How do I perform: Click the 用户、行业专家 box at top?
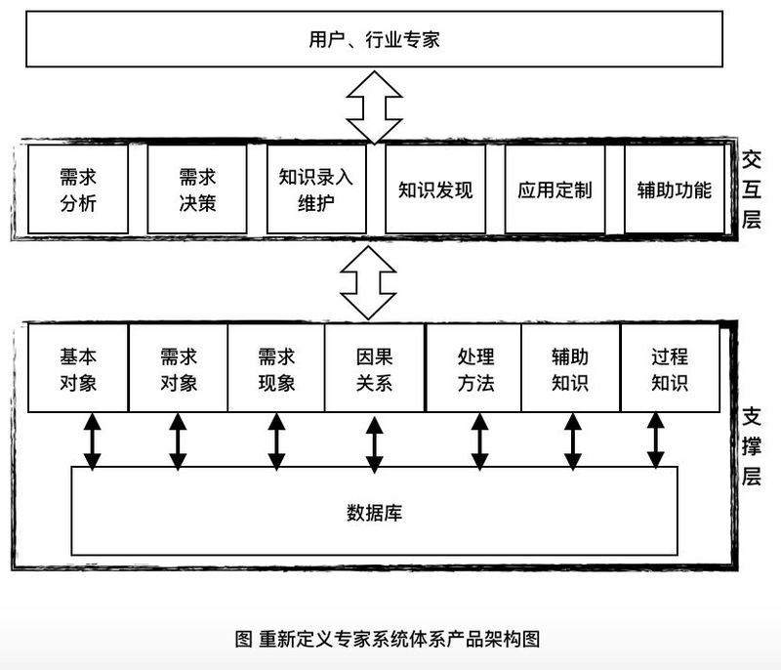click(374, 39)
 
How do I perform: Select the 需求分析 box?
click(78, 189)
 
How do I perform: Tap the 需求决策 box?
click(197, 189)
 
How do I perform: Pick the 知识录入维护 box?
click(316, 189)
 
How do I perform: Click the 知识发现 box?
click(435, 189)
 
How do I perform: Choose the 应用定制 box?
click(555, 189)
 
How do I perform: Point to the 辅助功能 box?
click(674, 189)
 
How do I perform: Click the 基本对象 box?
click(78, 369)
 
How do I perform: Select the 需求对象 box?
click(179, 369)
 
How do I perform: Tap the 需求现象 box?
click(276, 369)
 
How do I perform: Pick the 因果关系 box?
click(374, 369)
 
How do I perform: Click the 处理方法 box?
click(475, 369)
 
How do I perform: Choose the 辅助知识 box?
click(570, 369)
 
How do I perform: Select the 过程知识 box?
click(670, 369)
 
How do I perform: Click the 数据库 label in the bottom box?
click(374, 511)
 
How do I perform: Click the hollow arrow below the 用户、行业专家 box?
click(374, 106)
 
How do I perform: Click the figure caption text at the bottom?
click(388, 638)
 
